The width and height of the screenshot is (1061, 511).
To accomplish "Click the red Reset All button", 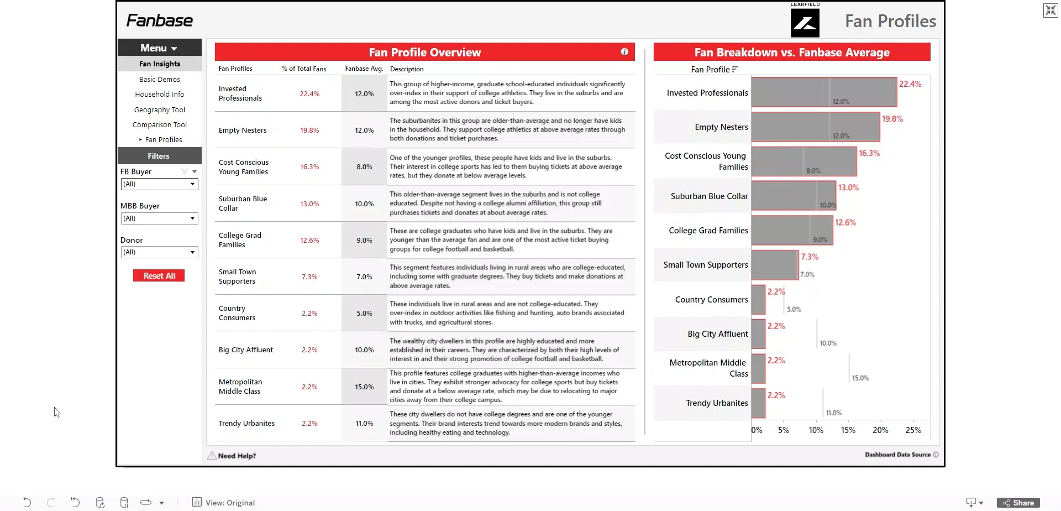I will pyautogui.click(x=159, y=275).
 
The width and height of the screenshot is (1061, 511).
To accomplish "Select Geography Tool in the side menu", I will pyautogui.click(x=159, y=110).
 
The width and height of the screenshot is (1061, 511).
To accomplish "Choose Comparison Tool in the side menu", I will pyautogui.click(x=159, y=125).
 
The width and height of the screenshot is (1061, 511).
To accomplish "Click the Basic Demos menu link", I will pyautogui.click(x=159, y=80).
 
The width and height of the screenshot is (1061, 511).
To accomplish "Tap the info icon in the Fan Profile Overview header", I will pyautogui.click(x=624, y=52).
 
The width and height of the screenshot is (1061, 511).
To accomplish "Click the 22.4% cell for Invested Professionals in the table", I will pyautogui.click(x=309, y=94).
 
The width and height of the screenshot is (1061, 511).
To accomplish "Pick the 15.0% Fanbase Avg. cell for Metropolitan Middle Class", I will pyautogui.click(x=364, y=387).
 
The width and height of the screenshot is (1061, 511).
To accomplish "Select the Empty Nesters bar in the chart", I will pyautogui.click(x=815, y=127).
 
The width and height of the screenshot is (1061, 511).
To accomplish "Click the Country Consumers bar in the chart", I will pyautogui.click(x=758, y=300).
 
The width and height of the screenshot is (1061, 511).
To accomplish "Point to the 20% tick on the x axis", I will pyautogui.click(x=880, y=430).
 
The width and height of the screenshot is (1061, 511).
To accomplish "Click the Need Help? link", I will pyautogui.click(x=237, y=456).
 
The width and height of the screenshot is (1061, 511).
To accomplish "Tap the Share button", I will pyautogui.click(x=1018, y=503).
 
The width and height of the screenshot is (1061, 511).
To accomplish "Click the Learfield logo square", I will pyautogui.click(x=805, y=23).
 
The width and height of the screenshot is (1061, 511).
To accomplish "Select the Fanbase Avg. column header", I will pyautogui.click(x=364, y=69).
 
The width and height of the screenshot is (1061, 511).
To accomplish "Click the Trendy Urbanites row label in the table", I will pyautogui.click(x=246, y=424).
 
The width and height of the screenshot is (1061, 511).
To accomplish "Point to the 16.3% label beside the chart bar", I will pyautogui.click(x=869, y=153).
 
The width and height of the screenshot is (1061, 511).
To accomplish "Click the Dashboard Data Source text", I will pyautogui.click(x=897, y=455).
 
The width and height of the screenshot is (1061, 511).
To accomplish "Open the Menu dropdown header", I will pyautogui.click(x=159, y=48).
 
